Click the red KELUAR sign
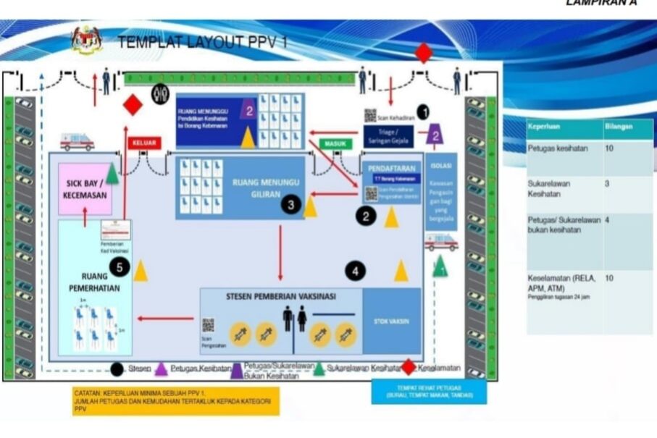(144, 143)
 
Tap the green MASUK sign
(335, 144)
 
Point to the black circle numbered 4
(355, 271)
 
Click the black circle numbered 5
(121, 268)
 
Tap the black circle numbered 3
(291, 206)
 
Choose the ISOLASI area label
(441, 164)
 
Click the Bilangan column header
(617, 126)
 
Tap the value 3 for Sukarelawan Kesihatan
(608, 184)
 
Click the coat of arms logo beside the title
(87, 40)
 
